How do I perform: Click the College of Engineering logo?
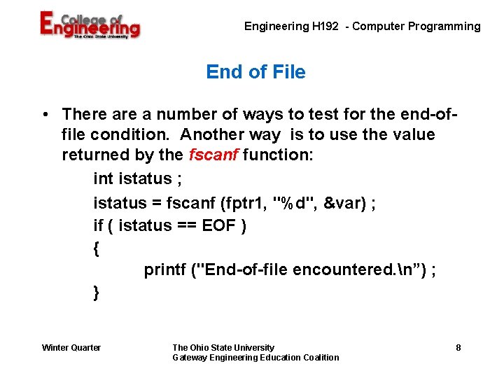[x=90, y=26]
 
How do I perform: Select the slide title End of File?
[x=255, y=72]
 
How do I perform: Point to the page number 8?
[x=458, y=348]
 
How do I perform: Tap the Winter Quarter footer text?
[x=71, y=348]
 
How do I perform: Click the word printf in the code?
[x=165, y=270]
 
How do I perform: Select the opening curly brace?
[x=97, y=248]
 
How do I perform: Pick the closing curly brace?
[x=97, y=293]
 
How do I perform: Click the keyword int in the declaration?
[x=103, y=178]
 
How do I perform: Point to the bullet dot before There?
[x=44, y=114]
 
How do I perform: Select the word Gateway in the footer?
[x=189, y=358]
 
